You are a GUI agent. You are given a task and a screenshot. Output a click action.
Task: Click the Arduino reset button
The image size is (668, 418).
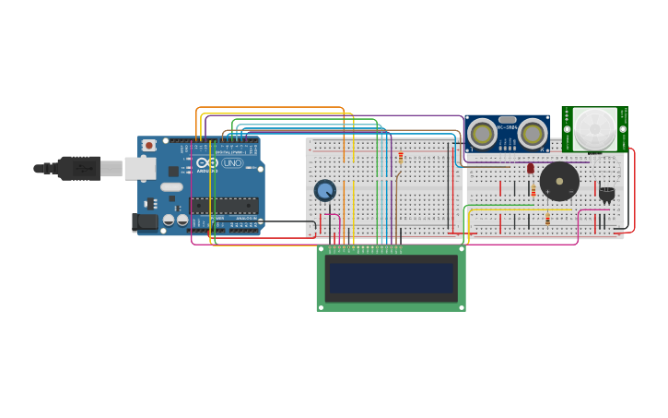coord(148,146)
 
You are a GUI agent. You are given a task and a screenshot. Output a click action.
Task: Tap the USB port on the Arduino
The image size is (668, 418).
coord(139,168)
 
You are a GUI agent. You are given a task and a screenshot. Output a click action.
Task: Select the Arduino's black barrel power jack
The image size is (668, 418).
coord(144,221)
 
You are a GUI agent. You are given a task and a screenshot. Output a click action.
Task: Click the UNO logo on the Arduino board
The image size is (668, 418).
coord(231,163)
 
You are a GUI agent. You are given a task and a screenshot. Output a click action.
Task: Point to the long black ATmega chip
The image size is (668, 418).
coord(223,205)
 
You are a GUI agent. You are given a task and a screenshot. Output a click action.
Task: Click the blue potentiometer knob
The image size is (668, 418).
coord(324,191)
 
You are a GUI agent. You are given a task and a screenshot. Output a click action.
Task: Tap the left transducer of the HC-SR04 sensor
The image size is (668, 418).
coord(482,134)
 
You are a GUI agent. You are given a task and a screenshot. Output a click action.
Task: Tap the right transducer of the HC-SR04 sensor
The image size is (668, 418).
coord(532,134)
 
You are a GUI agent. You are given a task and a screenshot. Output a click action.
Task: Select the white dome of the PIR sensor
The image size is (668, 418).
coord(594,127)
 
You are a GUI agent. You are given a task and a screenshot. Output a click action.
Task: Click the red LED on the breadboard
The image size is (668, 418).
coord(531,168)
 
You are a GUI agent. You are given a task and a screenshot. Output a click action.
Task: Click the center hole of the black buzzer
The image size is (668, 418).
coord(559,181)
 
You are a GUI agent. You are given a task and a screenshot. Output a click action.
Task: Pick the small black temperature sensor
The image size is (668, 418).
coord(606,193)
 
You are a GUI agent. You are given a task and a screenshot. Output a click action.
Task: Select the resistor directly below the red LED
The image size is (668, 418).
coord(533,191)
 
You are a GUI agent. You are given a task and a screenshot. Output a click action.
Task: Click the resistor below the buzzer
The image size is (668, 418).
coord(547,220)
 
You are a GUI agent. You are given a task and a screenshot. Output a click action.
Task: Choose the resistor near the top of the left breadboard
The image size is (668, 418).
coord(401,157)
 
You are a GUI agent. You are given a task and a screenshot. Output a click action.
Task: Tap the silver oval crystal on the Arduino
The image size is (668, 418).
coord(171,186)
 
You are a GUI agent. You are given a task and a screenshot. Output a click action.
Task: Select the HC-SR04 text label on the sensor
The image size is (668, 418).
coord(507,128)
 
